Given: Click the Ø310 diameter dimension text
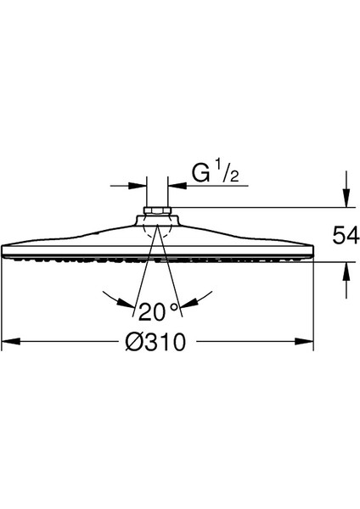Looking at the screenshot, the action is (x=155, y=342).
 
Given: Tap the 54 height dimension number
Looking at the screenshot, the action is (x=346, y=235).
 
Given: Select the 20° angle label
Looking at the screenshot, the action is (x=159, y=311).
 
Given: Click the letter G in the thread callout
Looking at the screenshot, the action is (x=200, y=174).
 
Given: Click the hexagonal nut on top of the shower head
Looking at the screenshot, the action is (x=157, y=210).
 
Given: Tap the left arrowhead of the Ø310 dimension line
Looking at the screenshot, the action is (x=11, y=342).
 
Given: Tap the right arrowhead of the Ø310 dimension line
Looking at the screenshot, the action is (x=304, y=342).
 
